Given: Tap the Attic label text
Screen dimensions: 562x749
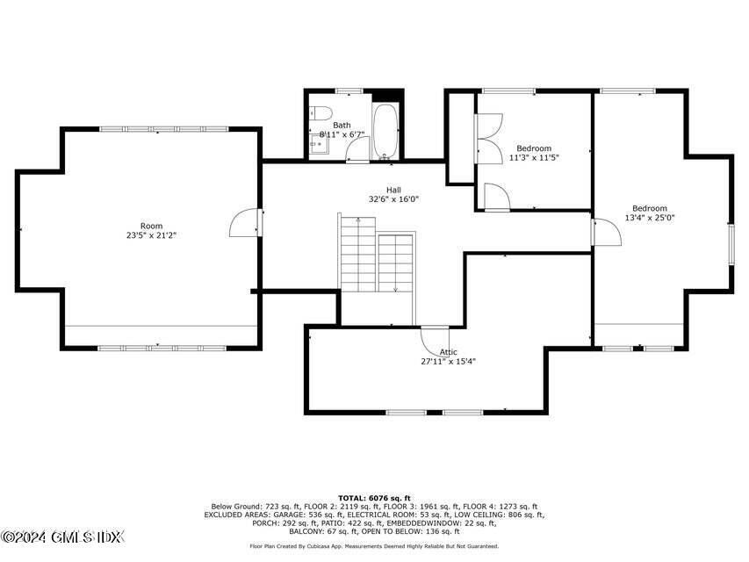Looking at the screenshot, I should (x=448, y=351).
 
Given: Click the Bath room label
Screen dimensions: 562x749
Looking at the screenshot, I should (x=341, y=126).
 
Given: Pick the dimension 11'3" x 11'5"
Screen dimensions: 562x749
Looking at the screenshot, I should (x=534, y=158).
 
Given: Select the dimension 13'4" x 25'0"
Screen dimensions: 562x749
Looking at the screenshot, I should (x=650, y=218).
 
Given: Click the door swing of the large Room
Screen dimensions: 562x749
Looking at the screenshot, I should (x=245, y=225).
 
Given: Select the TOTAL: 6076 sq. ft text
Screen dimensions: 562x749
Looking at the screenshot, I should (x=374, y=498).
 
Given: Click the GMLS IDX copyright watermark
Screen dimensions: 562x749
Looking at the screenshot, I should (x=63, y=537).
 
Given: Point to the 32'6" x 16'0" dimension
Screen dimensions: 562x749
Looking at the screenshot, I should (x=393, y=199).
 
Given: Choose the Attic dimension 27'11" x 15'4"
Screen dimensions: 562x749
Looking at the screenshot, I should (x=448, y=361).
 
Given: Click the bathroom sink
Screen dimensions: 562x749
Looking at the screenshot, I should (x=318, y=144).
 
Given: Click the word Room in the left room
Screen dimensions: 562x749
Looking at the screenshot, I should (x=151, y=226).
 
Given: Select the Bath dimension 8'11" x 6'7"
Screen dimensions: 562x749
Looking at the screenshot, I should (x=342, y=135).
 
